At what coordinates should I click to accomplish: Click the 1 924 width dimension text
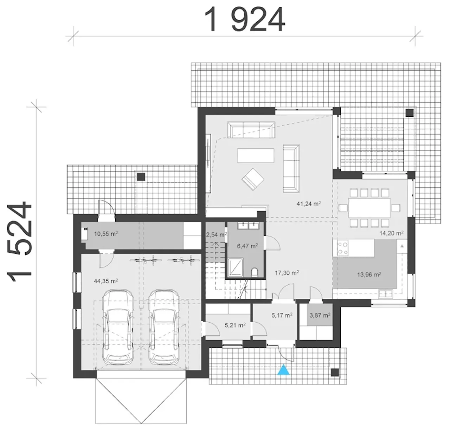[244, 20]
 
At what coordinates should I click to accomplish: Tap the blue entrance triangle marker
[283, 369]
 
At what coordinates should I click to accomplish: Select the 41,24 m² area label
[308, 203]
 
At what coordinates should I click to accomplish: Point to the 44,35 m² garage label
[106, 281]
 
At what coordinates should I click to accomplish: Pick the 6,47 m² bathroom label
[247, 246]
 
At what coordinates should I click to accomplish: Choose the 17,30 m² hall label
[287, 273]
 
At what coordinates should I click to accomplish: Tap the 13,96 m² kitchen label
[369, 274]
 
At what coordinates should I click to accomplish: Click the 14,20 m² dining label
[392, 233]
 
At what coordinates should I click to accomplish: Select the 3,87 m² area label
[320, 315]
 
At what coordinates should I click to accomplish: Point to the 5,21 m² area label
[235, 325]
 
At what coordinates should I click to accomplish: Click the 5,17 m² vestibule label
[282, 315]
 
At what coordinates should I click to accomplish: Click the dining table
[369, 208]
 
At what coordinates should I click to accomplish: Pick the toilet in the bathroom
[255, 272]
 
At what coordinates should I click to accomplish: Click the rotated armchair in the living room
[253, 179]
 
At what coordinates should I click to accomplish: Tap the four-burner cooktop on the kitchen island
[343, 248]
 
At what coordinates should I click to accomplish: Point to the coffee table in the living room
[256, 155]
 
